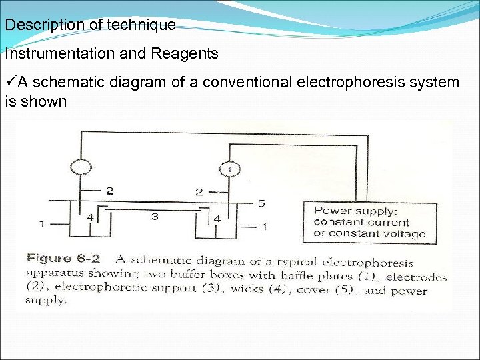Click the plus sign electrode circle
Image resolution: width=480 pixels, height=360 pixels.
[x=231, y=169]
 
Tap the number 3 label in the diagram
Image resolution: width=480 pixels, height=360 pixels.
[x=155, y=217]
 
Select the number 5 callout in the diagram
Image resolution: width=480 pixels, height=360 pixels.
[x=262, y=201]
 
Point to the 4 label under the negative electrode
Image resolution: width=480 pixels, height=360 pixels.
[x=90, y=217]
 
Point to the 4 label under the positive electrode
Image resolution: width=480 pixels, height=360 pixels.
[x=217, y=218]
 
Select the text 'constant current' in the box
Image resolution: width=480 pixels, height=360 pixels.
[x=361, y=222]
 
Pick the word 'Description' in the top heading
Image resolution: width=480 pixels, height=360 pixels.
[x=41, y=25]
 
